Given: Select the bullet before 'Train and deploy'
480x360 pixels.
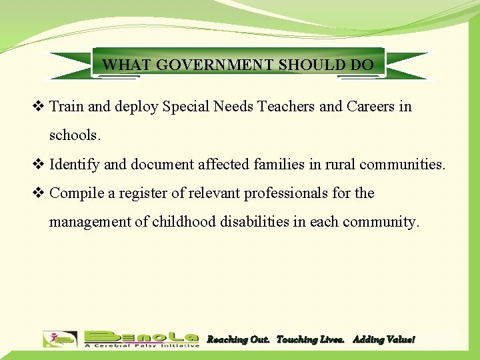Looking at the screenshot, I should pyautogui.click(x=39, y=106).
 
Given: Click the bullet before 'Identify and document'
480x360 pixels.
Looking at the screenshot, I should pyautogui.click(x=39, y=164).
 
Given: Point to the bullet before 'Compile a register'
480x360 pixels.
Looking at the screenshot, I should pyautogui.click(x=39, y=193).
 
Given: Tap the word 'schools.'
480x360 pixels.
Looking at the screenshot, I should pyautogui.click(x=75, y=135).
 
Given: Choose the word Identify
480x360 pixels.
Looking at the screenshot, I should pyautogui.click(x=73, y=164).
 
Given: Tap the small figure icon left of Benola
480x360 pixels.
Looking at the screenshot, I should pyautogui.click(x=60, y=339).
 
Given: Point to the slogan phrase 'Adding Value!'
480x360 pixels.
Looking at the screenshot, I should pyautogui.click(x=383, y=340).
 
